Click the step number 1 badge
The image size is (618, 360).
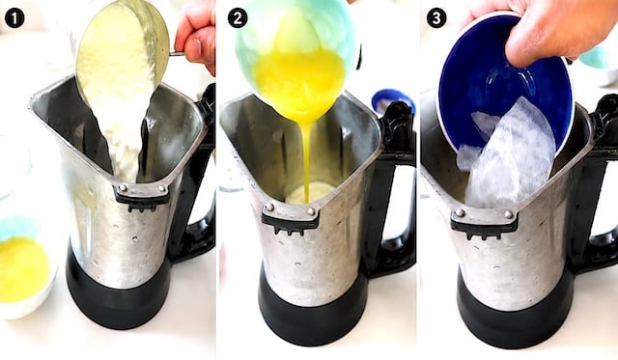15,18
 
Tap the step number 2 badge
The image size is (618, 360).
238,18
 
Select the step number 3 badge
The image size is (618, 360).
436,18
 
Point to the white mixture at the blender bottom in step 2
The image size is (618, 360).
307,193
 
